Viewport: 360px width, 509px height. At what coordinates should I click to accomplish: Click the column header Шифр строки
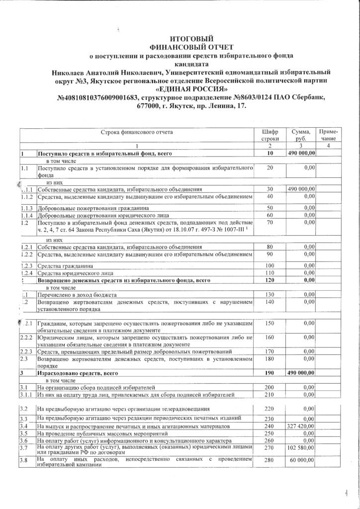click(270, 135)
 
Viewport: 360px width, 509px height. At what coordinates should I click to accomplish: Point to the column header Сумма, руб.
click(301, 135)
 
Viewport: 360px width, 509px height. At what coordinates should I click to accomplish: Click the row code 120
click(270, 280)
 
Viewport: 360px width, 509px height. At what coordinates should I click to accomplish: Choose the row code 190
click(270, 372)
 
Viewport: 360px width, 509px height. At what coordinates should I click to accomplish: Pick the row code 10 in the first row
click(270, 155)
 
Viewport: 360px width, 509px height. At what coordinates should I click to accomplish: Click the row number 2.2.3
click(27, 351)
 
